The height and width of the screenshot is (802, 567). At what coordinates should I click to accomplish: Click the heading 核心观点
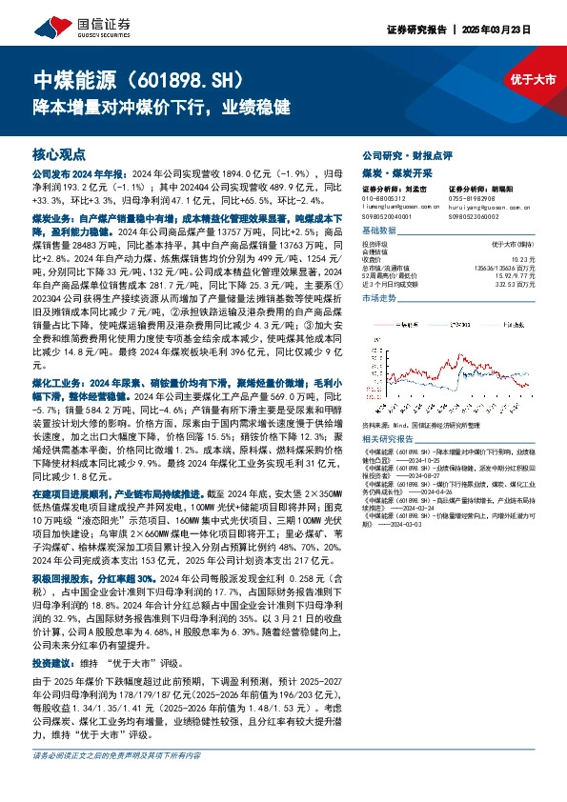pyautogui.click(x=59, y=152)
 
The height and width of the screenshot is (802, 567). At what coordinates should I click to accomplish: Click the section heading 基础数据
pyautogui.click(x=381, y=231)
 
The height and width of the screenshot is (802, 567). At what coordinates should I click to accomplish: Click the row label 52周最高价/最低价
pyautogui.click(x=394, y=275)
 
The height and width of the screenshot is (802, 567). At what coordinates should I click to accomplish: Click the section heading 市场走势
pyautogui.click(x=381, y=299)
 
